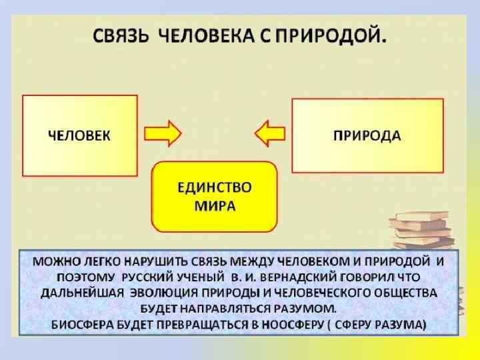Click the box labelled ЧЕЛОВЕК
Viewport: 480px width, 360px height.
click(x=80, y=135)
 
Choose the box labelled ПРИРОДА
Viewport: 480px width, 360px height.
click(x=367, y=135)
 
